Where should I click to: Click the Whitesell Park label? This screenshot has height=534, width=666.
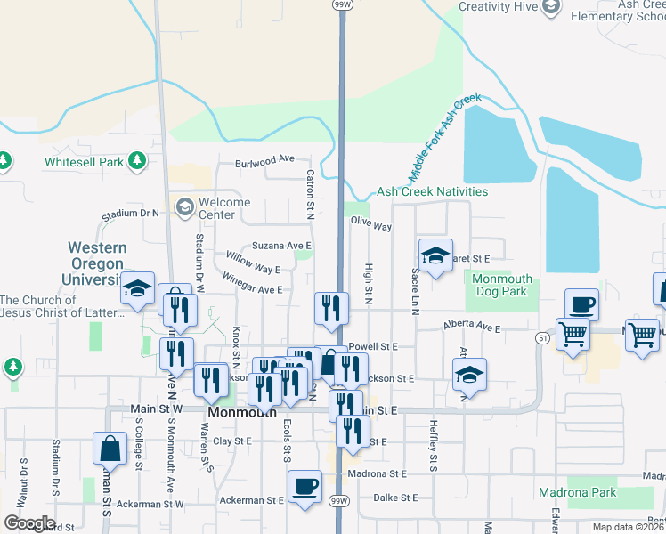pyautogui.click(x=84, y=163)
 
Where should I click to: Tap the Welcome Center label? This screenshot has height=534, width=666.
pyautogui.click(x=223, y=208)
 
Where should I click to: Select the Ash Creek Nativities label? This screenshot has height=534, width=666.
pyautogui.click(x=432, y=191)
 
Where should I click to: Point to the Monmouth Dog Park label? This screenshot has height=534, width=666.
pyautogui.click(x=502, y=285)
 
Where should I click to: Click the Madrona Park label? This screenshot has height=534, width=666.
pyautogui.click(x=577, y=492)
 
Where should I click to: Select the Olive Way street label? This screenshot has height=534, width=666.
pyautogui.click(x=371, y=225)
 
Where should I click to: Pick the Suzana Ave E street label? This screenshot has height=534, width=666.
pyautogui.click(x=281, y=246)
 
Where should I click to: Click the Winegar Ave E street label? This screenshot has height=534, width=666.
pyautogui.click(x=253, y=289)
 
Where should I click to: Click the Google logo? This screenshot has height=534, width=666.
pyautogui.click(x=28, y=523)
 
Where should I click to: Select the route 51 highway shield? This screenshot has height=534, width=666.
pyautogui.click(x=542, y=337)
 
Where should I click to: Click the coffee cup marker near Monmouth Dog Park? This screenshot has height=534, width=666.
pyautogui.click(x=581, y=305)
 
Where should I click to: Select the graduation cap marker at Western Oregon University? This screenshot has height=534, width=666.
pyautogui.click(x=138, y=287)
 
